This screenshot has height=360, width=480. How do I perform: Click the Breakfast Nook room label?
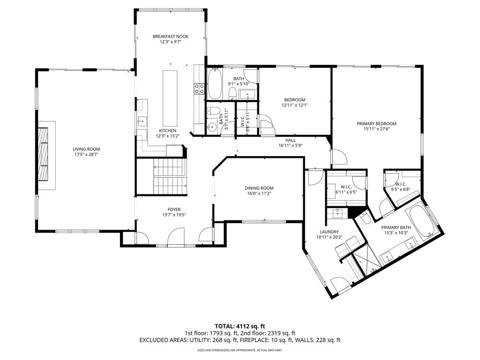[171, 37]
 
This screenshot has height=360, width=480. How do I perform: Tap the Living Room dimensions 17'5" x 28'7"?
[86, 155]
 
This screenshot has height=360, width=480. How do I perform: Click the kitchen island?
[170, 96]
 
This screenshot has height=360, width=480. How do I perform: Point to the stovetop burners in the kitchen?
[199, 89]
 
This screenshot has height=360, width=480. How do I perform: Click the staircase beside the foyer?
[170, 176]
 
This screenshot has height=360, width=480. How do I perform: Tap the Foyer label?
[174, 210]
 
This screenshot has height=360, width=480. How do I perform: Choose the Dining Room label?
[259, 188]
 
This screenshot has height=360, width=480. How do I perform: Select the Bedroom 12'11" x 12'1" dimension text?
[294, 105]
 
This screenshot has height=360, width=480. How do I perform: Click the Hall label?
[291, 141]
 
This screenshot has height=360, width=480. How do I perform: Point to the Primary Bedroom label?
[376, 124]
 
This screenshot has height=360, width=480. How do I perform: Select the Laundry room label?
[329, 232]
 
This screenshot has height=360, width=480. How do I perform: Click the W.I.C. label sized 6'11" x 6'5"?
[346, 187]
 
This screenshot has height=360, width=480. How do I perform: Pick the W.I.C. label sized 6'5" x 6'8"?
[400, 184]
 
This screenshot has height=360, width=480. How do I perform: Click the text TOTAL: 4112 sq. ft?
[240, 326]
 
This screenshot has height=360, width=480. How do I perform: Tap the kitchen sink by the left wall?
[142, 121]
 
